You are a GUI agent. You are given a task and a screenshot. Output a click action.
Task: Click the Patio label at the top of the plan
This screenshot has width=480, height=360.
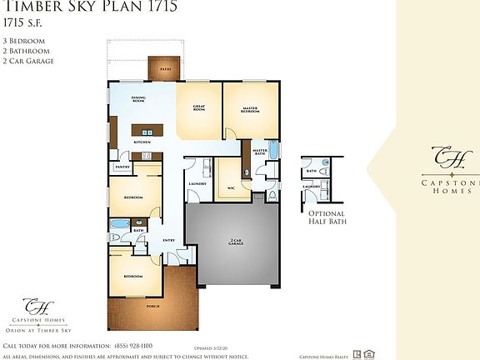tap(165, 70)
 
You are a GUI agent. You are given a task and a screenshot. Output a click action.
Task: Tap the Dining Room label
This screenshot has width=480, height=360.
tap(139, 100)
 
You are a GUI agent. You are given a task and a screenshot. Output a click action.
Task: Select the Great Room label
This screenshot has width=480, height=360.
tap(200, 108)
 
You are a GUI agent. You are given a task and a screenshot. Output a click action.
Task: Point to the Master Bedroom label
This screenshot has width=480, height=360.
tap(249, 109)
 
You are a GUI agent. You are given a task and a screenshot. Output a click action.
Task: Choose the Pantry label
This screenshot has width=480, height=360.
tap(121, 167)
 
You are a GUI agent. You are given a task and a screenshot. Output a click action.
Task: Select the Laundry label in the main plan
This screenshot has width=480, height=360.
tap(197, 183)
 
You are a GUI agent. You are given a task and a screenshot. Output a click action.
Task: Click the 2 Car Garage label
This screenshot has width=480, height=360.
tap(236, 242)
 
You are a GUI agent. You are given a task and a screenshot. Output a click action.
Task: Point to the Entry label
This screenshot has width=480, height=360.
tap(168, 241)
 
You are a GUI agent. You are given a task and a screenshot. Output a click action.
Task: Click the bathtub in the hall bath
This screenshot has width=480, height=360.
tap(120, 224)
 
